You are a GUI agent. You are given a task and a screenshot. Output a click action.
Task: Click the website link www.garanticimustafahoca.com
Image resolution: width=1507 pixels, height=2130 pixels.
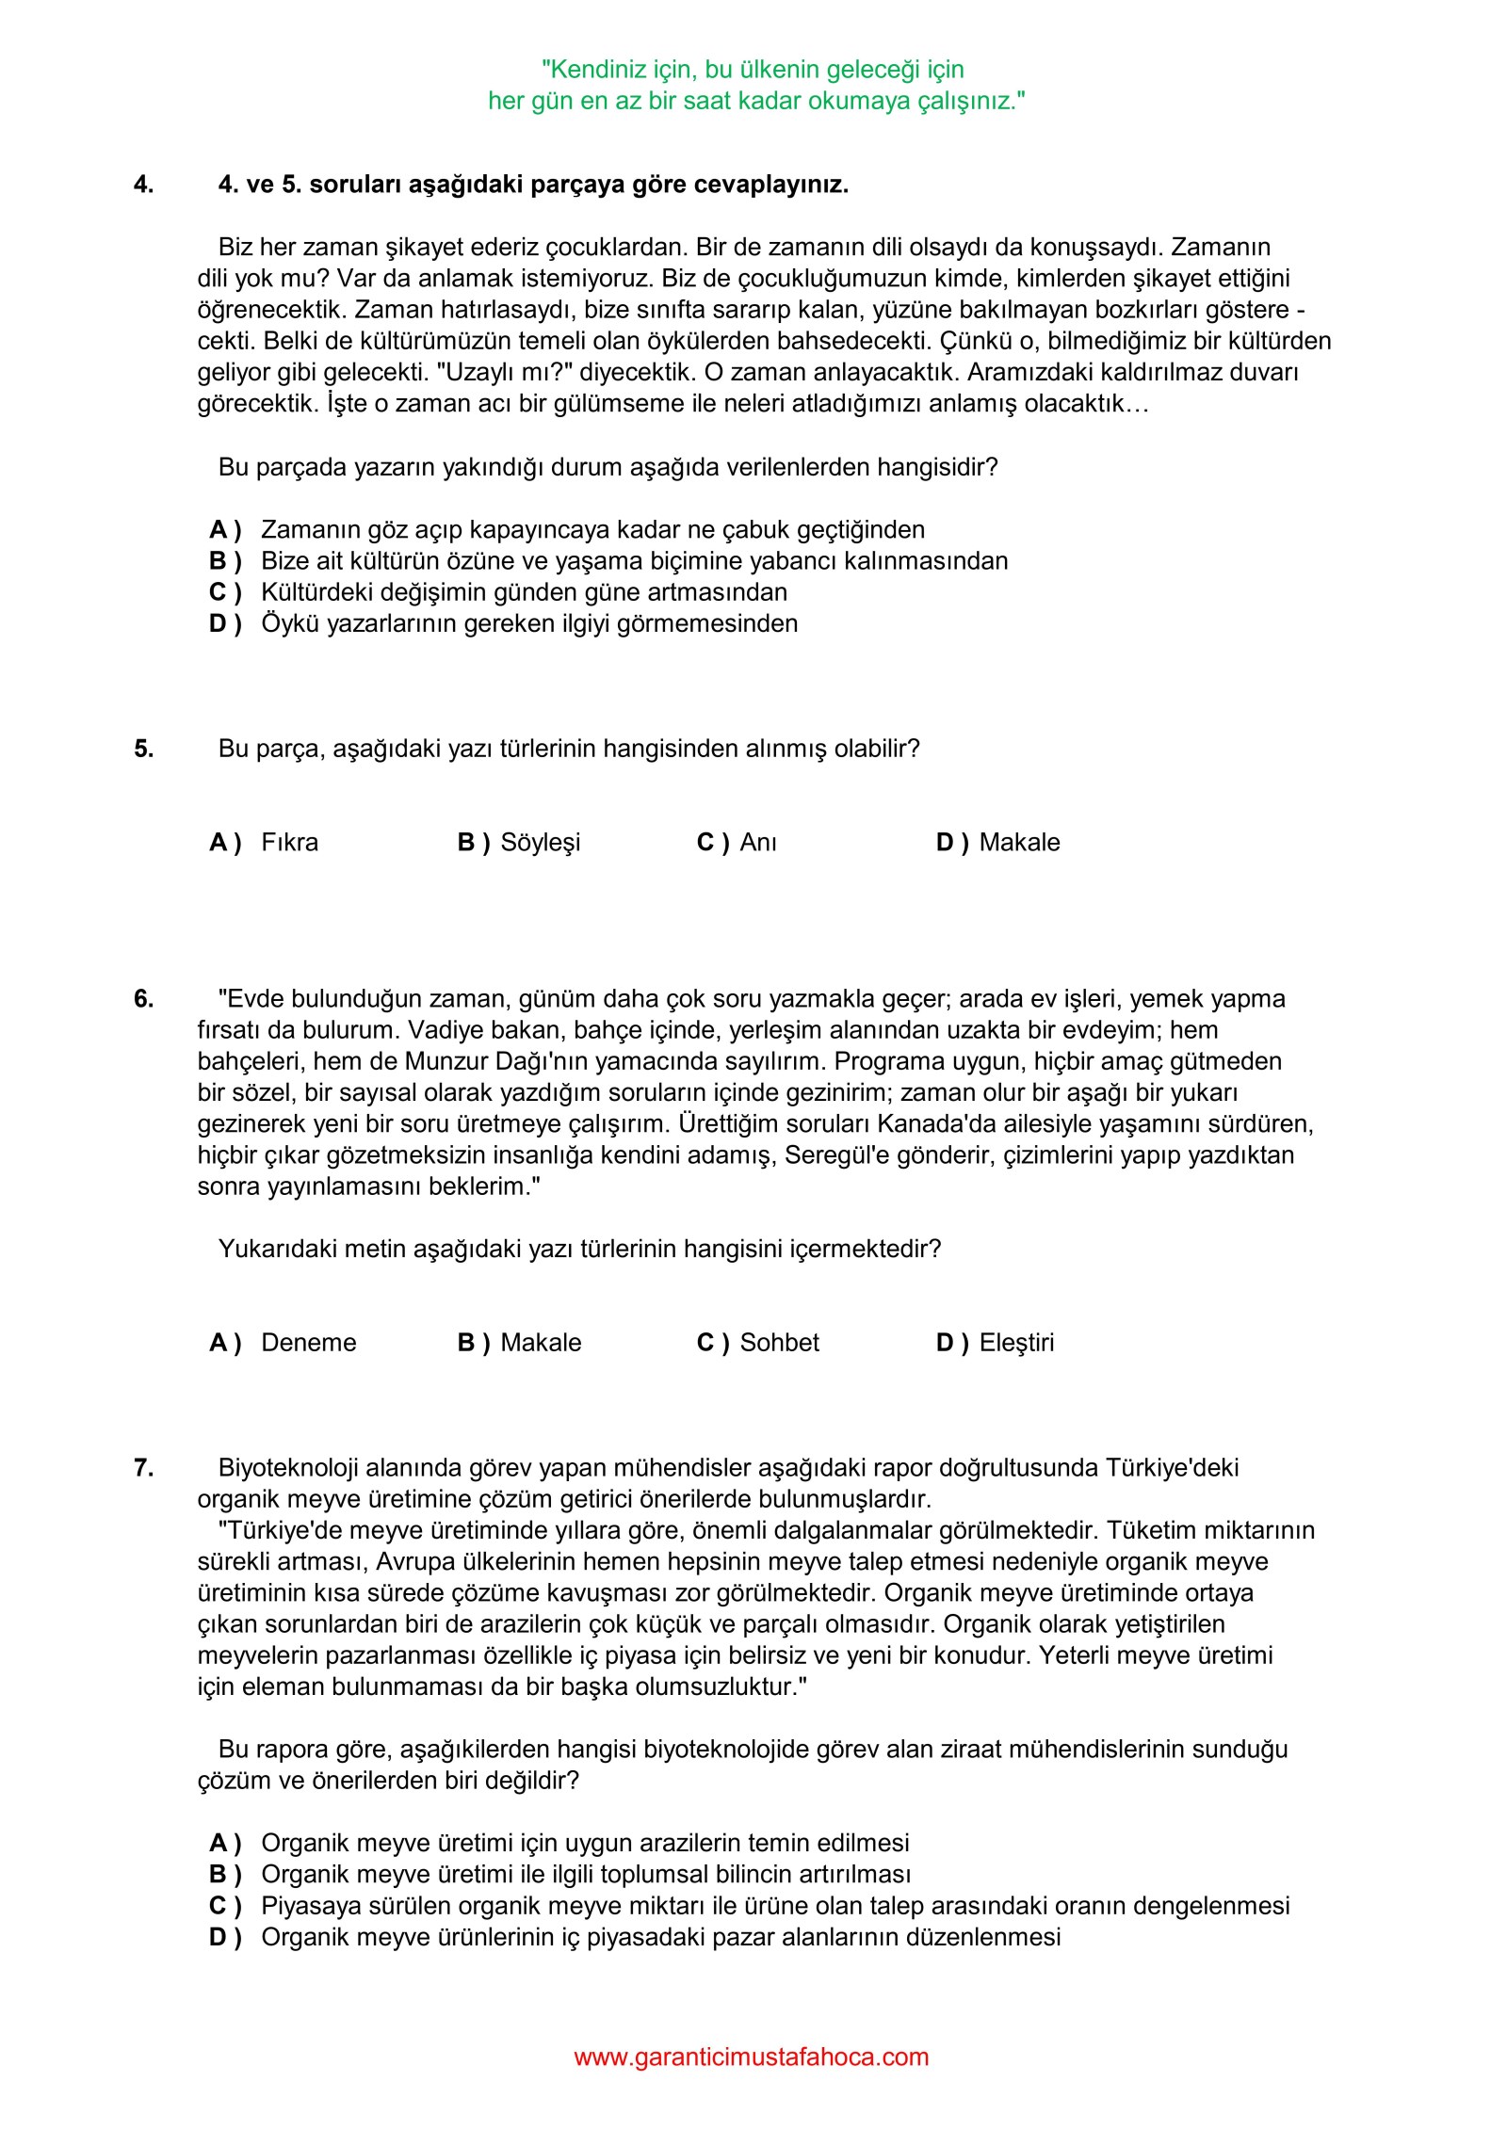pyautogui.click(x=751, y=2057)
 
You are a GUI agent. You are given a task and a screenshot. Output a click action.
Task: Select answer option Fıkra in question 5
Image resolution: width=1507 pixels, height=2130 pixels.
pyautogui.click(x=289, y=842)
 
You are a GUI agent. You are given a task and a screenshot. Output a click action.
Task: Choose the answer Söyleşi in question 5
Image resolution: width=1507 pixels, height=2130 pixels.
pyautogui.click(x=540, y=842)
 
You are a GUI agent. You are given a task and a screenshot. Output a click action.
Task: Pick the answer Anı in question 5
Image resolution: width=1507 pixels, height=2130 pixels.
pyautogui.click(x=758, y=842)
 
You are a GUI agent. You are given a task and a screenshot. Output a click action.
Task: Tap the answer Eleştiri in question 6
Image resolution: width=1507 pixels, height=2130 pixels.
pyautogui.click(x=1016, y=1342)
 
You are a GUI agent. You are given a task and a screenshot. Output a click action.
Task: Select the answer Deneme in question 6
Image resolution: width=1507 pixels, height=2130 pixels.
pyautogui.click(x=308, y=1342)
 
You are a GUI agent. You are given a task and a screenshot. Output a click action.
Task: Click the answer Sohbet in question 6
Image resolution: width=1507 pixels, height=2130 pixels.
pyautogui.click(x=779, y=1342)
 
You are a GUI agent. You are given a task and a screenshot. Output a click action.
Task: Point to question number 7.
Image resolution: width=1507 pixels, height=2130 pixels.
pyautogui.click(x=143, y=1467)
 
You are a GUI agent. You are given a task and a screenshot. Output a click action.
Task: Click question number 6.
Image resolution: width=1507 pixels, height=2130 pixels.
pyautogui.click(x=143, y=998)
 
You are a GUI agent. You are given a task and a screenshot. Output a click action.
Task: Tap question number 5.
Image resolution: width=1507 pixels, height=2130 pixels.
pyautogui.click(x=143, y=749)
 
